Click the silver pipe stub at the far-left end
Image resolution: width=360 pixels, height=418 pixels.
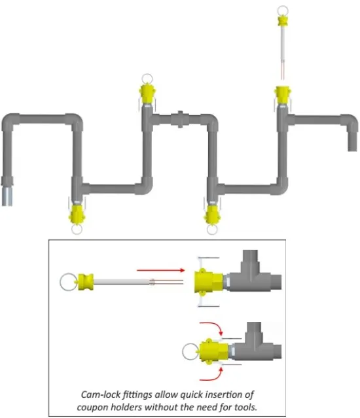(7, 196)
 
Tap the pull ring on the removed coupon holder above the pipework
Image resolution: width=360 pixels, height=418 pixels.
(283, 7)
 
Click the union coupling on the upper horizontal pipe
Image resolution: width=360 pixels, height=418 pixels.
(180, 119)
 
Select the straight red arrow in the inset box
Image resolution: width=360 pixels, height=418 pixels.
(161, 270)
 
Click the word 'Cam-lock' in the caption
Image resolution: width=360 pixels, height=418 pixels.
(101, 394)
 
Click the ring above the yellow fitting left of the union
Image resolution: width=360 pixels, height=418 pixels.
(147, 75)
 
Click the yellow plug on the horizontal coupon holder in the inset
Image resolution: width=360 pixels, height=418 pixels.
(86, 282)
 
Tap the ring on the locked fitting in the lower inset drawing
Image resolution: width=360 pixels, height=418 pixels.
(183, 352)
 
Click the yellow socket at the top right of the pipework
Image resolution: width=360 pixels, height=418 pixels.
(283, 95)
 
